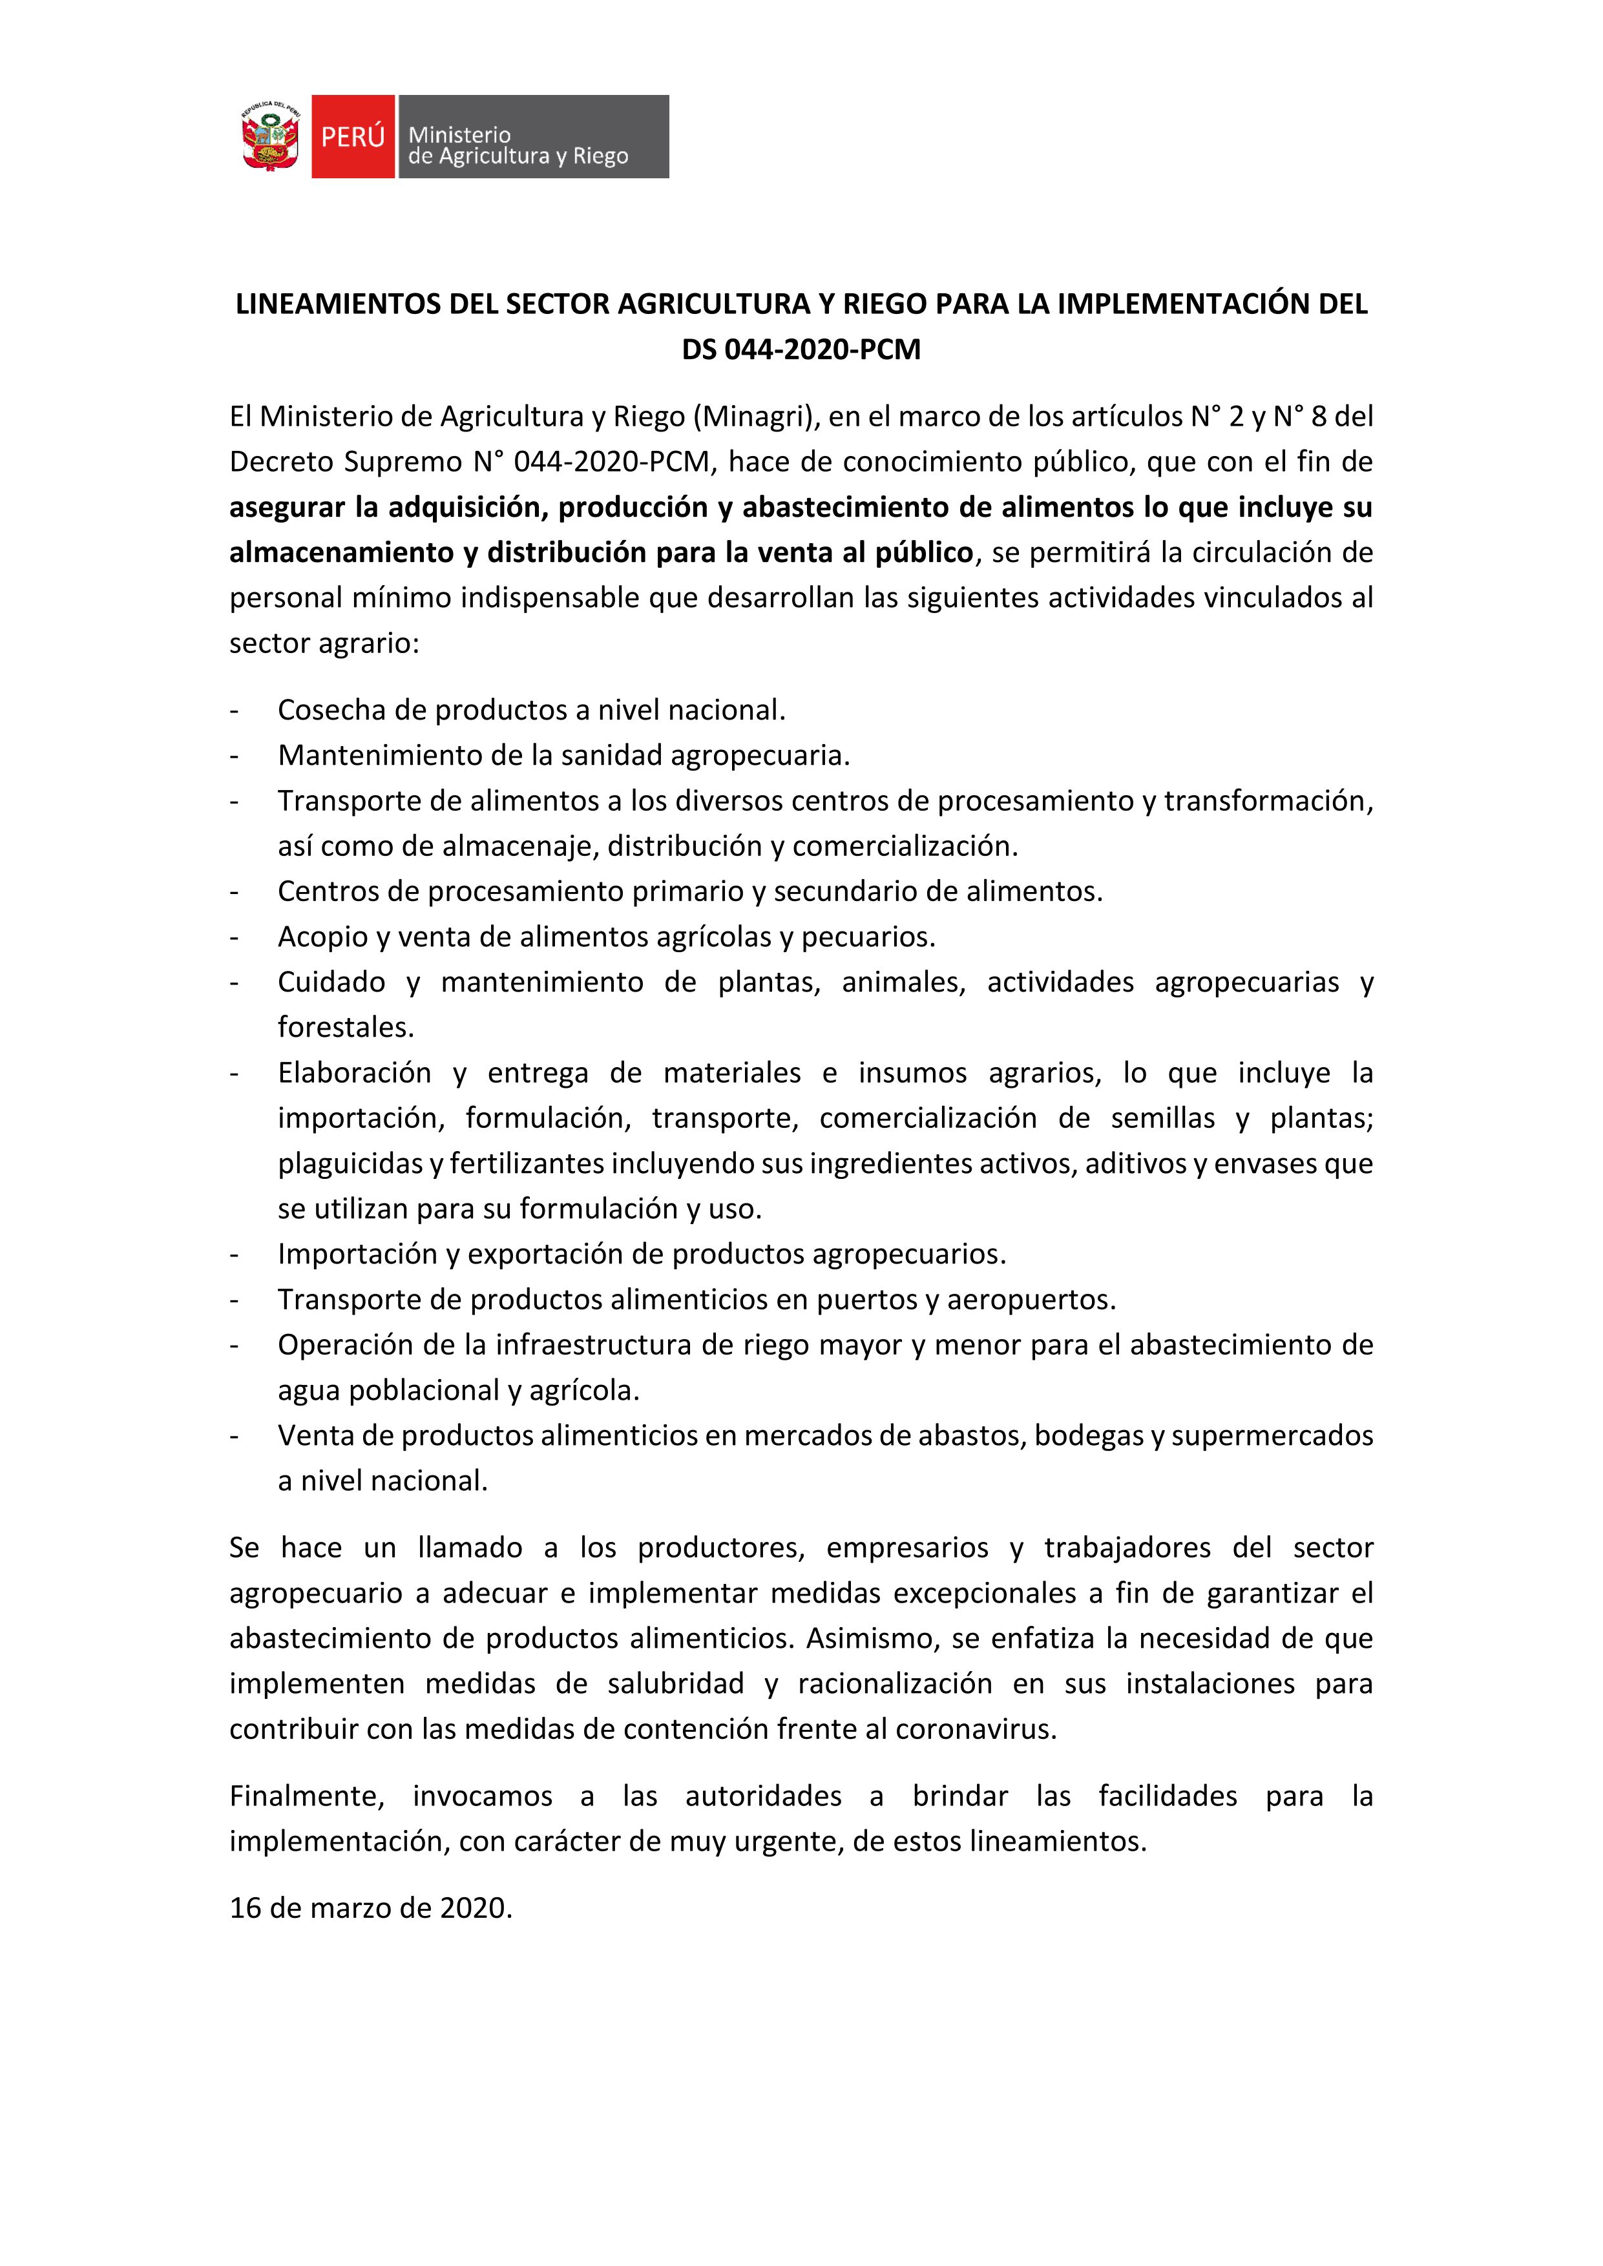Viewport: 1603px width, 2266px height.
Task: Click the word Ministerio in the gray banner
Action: [459, 134]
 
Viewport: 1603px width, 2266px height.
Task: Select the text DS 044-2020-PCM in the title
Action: [801, 350]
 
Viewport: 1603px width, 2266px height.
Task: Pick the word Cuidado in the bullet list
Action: [331, 982]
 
